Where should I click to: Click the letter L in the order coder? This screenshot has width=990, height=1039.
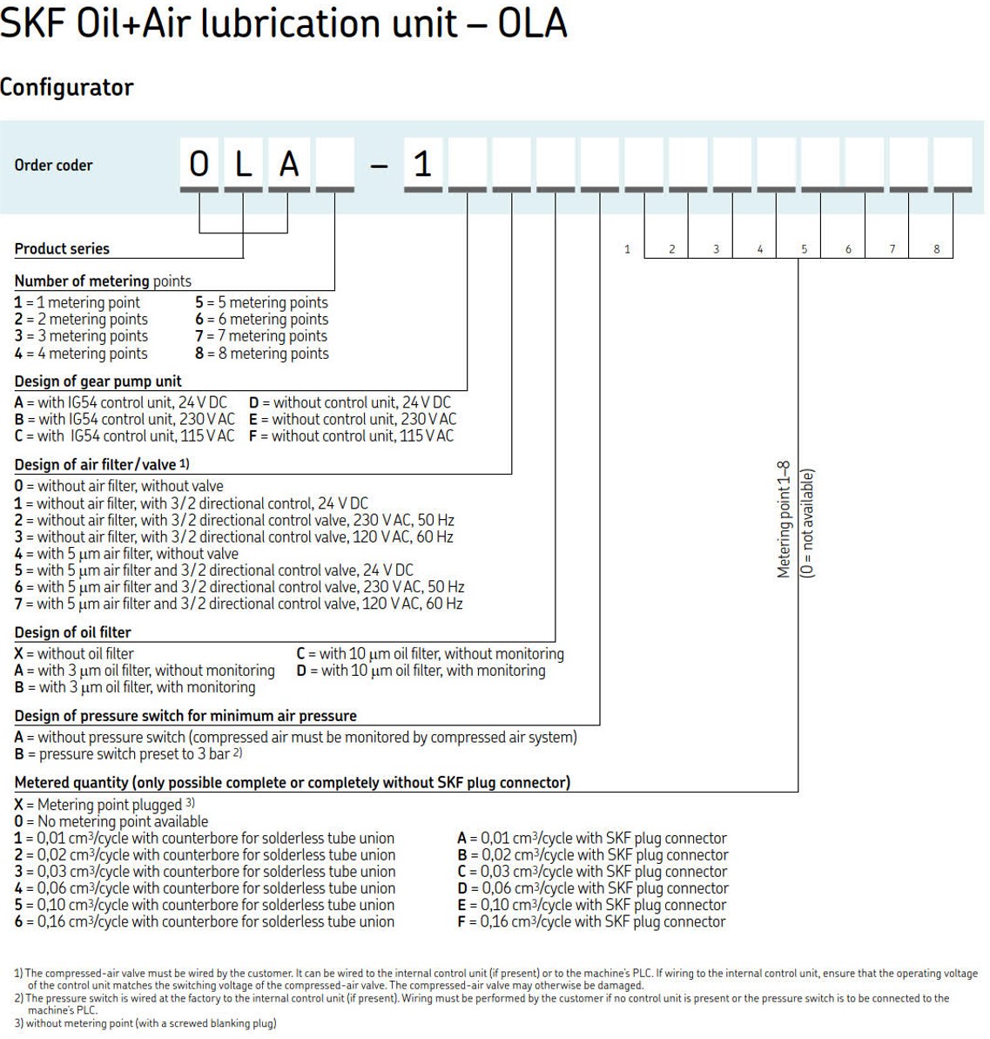[x=245, y=165]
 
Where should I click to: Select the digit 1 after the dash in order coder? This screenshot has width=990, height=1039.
[x=423, y=165]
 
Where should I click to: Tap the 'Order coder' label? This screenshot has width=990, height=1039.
[x=53, y=165]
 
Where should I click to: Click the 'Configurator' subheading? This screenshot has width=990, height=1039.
[x=67, y=88]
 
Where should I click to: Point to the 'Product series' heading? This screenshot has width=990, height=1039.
[x=62, y=249]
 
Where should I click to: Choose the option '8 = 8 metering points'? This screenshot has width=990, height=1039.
[x=262, y=354]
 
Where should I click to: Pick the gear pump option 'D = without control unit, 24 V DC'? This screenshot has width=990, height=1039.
[x=350, y=402]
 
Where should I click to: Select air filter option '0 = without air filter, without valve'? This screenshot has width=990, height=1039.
[x=119, y=486]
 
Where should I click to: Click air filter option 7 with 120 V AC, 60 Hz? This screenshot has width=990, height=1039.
[x=239, y=604]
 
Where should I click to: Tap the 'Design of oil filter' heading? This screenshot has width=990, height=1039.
[x=73, y=632]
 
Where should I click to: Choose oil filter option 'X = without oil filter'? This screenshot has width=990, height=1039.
[x=75, y=653]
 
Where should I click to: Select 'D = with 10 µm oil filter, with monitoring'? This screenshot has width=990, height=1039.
[x=421, y=671]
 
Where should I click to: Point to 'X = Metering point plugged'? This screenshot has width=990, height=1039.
[x=103, y=805]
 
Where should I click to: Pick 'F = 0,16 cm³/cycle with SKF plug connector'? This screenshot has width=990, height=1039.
[x=591, y=921]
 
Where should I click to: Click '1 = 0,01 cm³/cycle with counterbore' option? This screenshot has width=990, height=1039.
[x=205, y=838]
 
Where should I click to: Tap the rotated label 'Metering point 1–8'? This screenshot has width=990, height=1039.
[x=784, y=519]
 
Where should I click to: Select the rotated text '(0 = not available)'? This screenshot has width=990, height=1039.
[x=807, y=523]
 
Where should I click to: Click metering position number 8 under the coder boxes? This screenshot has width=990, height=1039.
[x=937, y=249]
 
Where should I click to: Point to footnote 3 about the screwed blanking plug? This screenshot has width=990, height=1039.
[x=145, y=1023]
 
